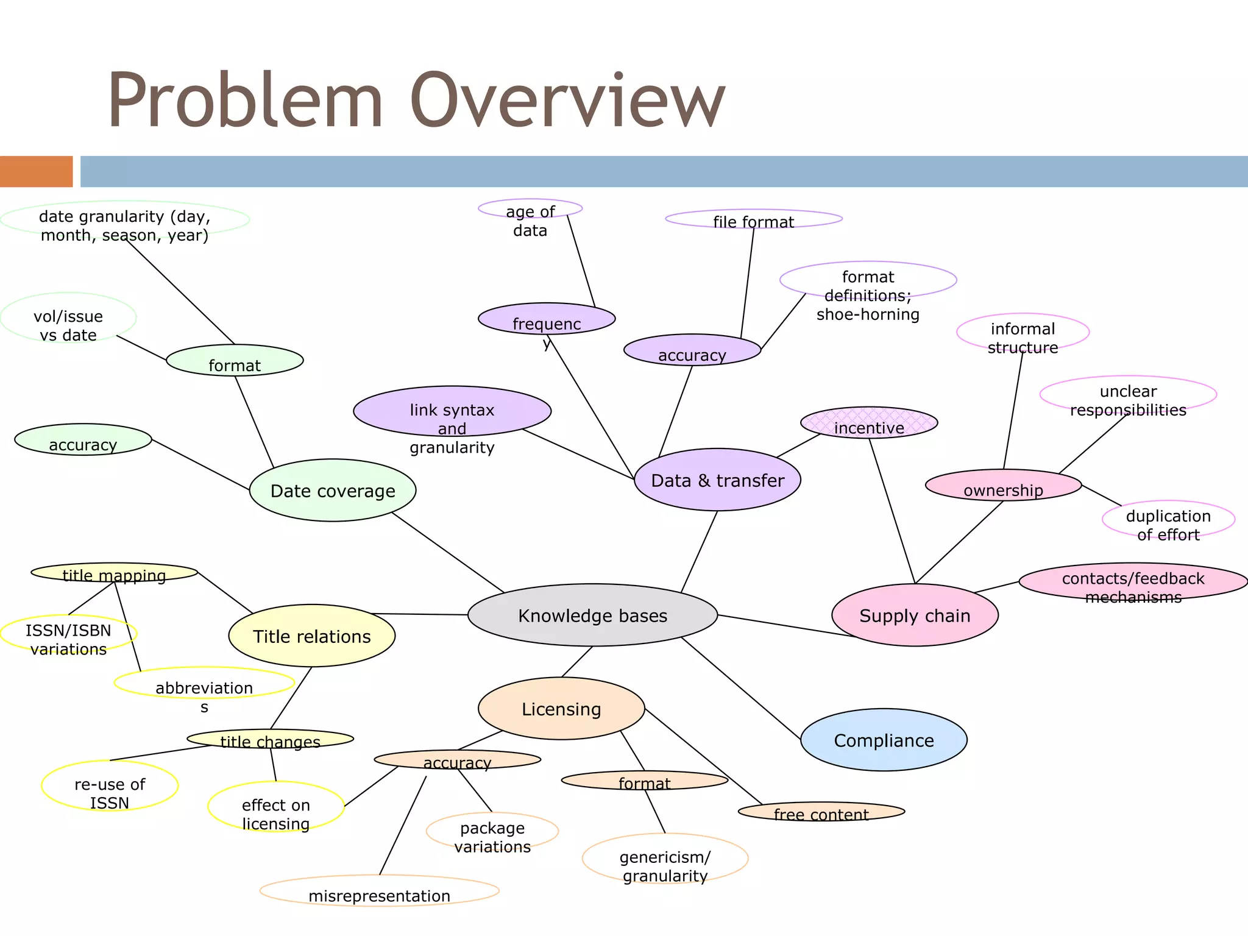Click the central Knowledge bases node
tap(592, 615)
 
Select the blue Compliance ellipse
tap(884, 740)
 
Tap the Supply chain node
tap(915, 615)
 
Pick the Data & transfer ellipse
tap(717, 480)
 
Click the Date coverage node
tap(333, 491)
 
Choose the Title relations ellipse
tap(312, 636)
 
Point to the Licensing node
tap(561, 709)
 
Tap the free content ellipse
tap(821, 812)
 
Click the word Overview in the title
tap(567, 101)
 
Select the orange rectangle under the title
tap(36, 171)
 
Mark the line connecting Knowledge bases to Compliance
tap(741, 689)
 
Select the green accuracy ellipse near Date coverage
tap(83, 440)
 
